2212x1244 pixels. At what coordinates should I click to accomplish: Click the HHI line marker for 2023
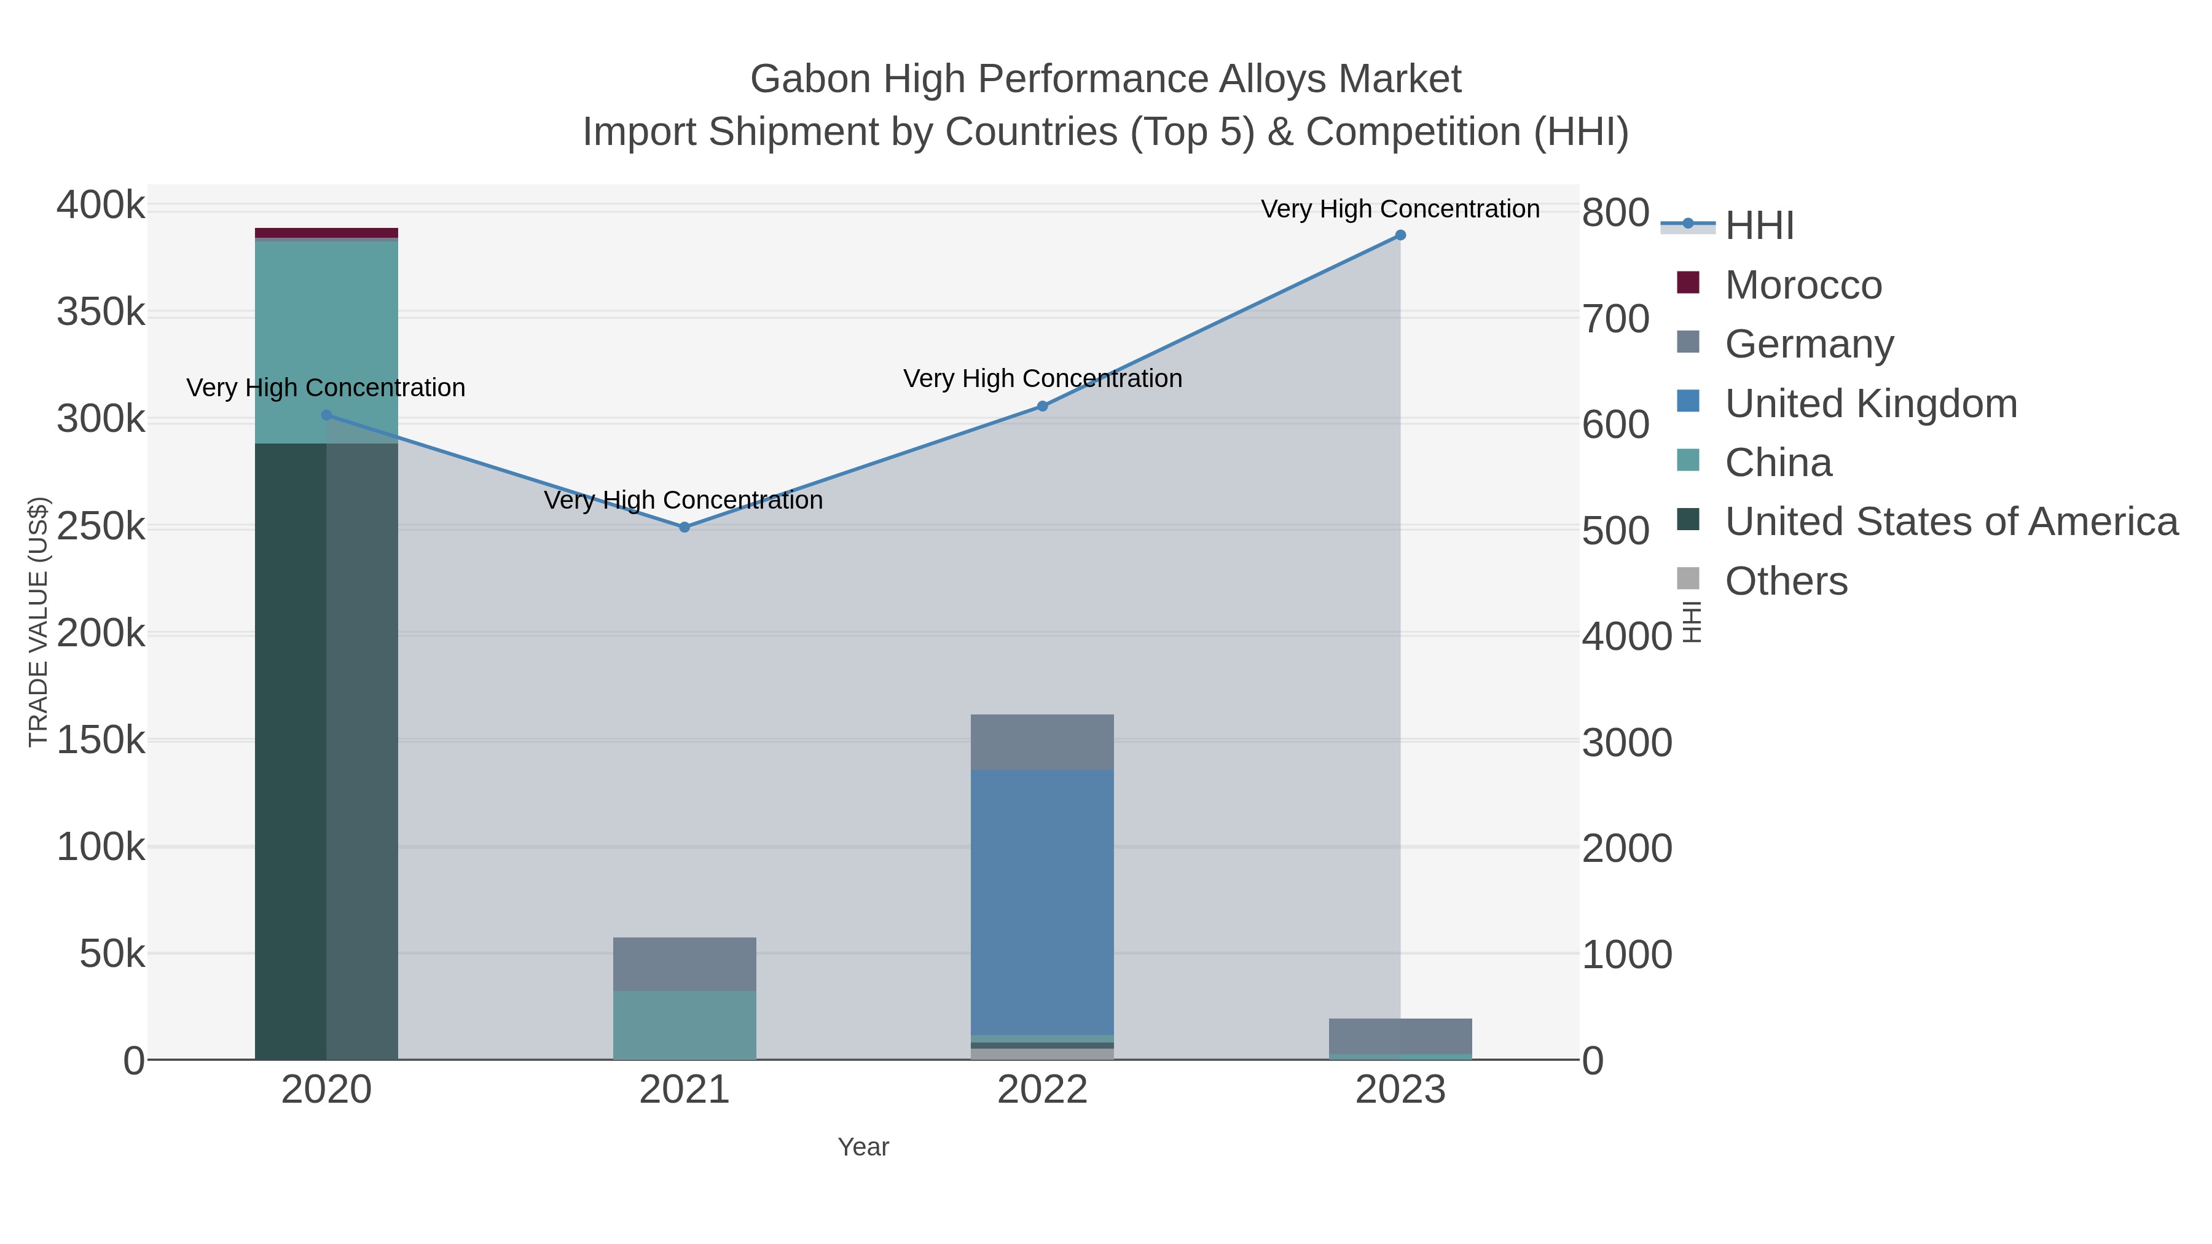tap(1400, 235)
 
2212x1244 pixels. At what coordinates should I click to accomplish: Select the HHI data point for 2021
tap(684, 527)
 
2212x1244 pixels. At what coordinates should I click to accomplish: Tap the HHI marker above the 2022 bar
tap(1043, 406)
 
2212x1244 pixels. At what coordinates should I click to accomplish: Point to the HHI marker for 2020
tap(326, 415)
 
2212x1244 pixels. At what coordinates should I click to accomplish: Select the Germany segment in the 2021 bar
tap(684, 964)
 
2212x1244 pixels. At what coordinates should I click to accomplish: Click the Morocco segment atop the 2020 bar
tap(326, 233)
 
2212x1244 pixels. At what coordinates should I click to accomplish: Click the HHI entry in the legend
tap(1759, 226)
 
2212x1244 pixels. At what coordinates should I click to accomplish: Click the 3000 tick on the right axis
tap(1627, 743)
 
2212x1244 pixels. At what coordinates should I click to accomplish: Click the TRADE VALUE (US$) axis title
tap(39, 622)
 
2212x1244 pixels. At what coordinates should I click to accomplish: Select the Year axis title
tap(863, 1147)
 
